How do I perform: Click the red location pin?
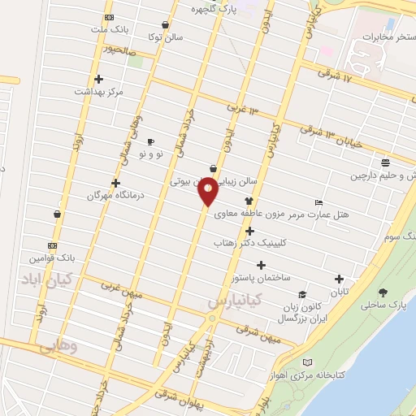pos(208,190)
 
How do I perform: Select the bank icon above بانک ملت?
pos(110,18)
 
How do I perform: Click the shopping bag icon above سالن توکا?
pos(165,24)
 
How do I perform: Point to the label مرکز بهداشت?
pos(97,92)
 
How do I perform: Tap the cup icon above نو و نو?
pos(150,141)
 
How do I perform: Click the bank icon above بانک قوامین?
pos(53,245)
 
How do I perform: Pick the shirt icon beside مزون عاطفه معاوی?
pos(249,201)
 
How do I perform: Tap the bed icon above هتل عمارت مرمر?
pos(318,202)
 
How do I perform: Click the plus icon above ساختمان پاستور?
pos(261,265)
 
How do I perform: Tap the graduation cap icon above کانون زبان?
pos(301,295)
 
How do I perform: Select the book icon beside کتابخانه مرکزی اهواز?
pos(306,362)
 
